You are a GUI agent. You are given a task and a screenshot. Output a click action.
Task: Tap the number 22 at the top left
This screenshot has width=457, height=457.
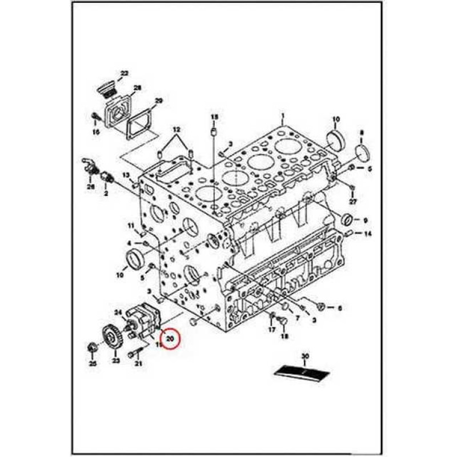click(x=124, y=73)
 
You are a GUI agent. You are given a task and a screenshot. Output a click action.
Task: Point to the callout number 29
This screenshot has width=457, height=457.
click(x=158, y=101)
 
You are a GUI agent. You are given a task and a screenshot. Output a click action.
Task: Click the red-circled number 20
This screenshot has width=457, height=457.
click(x=170, y=338)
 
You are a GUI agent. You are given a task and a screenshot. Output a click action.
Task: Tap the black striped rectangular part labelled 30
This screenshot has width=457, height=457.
click(x=302, y=372)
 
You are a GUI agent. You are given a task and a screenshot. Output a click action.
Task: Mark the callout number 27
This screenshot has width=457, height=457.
click(x=352, y=201)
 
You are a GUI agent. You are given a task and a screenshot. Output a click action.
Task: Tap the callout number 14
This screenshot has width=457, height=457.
click(x=368, y=234)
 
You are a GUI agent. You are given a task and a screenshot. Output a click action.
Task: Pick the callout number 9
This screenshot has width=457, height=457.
click(x=365, y=220)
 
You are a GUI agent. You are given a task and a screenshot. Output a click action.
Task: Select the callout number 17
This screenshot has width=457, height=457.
click(x=272, y=330)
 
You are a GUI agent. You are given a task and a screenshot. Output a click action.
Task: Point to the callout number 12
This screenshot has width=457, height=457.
click(x=176, y=130)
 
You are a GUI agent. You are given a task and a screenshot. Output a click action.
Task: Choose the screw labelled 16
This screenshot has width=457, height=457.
click(x=95, y=118)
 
